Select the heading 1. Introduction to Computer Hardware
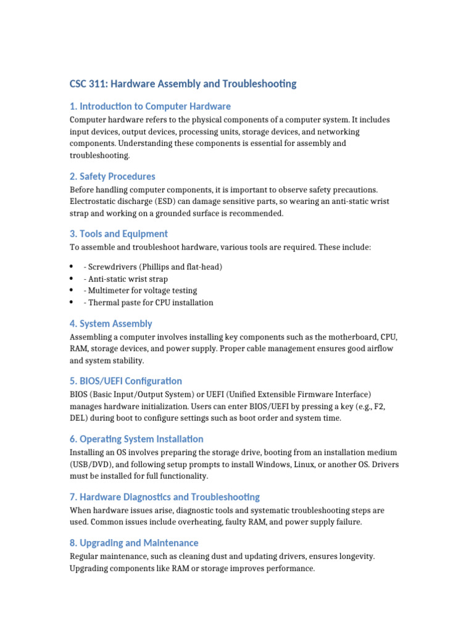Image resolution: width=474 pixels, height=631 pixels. pyautogui.click(x=150, y=107)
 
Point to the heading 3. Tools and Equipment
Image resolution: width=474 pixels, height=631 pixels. pyautogui.click(x=118, y=234)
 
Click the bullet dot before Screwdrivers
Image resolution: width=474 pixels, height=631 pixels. pyautogui.click(x=72, y=267)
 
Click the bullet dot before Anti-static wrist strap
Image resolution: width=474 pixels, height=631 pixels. pyautogui.click(x=72, y=279)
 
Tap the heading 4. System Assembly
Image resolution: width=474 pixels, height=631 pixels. pyautogui.click(x=110, y=324)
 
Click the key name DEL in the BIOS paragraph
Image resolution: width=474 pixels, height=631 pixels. pyautogui.click(x=79, y=418)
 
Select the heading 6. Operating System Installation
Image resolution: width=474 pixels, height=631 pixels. pyautogui.click(x=136, y=439)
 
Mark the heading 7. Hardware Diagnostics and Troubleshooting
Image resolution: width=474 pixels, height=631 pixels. pyautogui.click(x=164, y=497)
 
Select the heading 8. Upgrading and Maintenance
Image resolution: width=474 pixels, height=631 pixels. pyautogui.click(x=134, y=543)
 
